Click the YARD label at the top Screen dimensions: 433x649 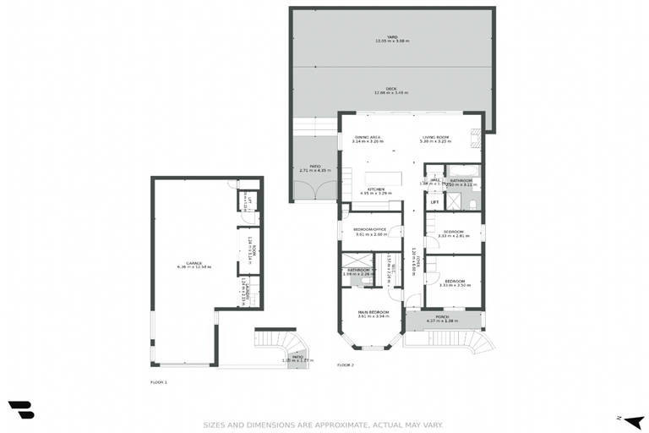[391, 37]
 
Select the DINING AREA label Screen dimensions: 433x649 [368, 137]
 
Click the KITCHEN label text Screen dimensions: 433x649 [376, 189]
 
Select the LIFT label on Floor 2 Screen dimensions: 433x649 [434, 202]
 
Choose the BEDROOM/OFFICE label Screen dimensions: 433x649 [370, 229]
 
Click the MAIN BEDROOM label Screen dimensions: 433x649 [372, 312]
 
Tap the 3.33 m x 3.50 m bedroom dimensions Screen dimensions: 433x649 [454, 285]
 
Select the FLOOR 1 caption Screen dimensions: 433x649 [159, 382]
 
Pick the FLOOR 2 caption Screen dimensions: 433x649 [346, 364]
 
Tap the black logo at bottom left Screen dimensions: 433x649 [21, 409]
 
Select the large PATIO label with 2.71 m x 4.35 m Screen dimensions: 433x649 [314, 168]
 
